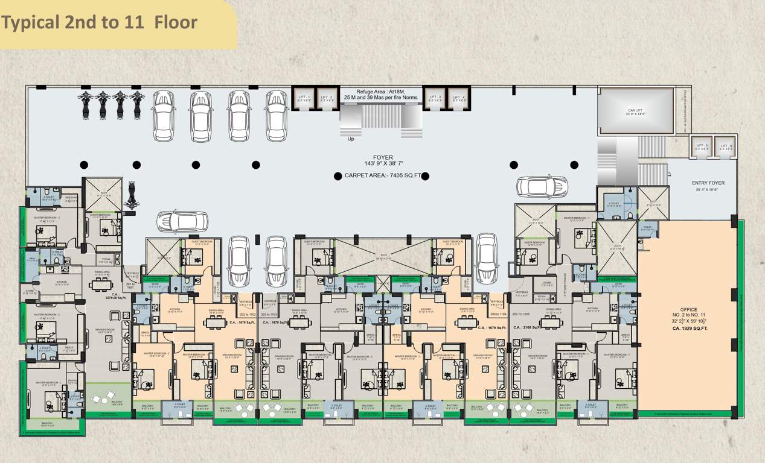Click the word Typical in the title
tap(30, 23)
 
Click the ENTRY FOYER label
tap(708, 183)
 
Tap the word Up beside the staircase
tap(351, 139)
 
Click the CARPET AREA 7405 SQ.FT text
tap(380, 176)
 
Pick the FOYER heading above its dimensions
tap(383, 157)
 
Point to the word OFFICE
tap(688, 310)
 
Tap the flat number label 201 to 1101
tap(130, 286)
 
